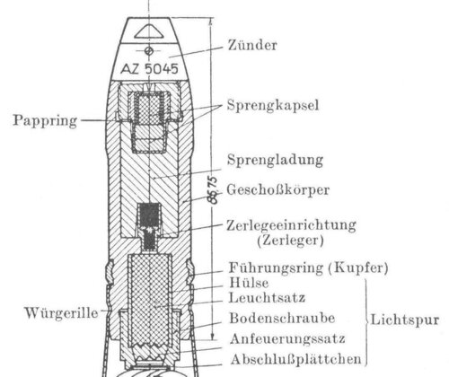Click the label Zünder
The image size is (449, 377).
pyautogui.click(x=252, y=46)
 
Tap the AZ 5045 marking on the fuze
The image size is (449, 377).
pyautogui.click(x=149, y=69)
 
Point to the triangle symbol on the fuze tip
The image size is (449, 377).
pyautogui.click(x=149, y=31)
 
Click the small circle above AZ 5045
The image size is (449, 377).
pyautogui.click(x=149, y=51)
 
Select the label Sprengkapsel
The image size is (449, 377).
pyautogui.click(x=273, y=105)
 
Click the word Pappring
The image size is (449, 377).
pyautogui.click(x=45, y=121)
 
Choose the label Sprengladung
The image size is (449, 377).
pyautogui.click(x=275, y=160)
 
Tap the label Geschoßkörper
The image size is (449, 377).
pyautogui.click(x=278, y=189)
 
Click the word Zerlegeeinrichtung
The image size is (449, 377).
pyautogui.click(x=291, y=225)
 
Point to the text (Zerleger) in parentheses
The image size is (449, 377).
pyautogui.click(x=290, y=241)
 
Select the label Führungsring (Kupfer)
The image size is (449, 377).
pyautogui.click(x=308, y=267)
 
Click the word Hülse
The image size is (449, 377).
pyautogui.click(x=249, y=283)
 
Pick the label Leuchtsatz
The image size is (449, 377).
pyautogui.click(x=267, y=298)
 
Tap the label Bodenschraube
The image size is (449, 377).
pyautogui.click(x=282, y=318)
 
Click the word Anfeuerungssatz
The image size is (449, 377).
pyautogui.click(x=287, y=339)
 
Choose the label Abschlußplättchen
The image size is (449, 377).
pyautogui.click(x=296, y=359)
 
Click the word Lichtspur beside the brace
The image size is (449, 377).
pyautogui.click(x=405, y=320)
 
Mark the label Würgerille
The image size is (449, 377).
pyautogui.click(x=61, y=313)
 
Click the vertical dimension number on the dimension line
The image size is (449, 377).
pyautogui.click(x=213, y=190)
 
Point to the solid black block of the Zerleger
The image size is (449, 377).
pyautogui.click(x=149, y=215)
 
